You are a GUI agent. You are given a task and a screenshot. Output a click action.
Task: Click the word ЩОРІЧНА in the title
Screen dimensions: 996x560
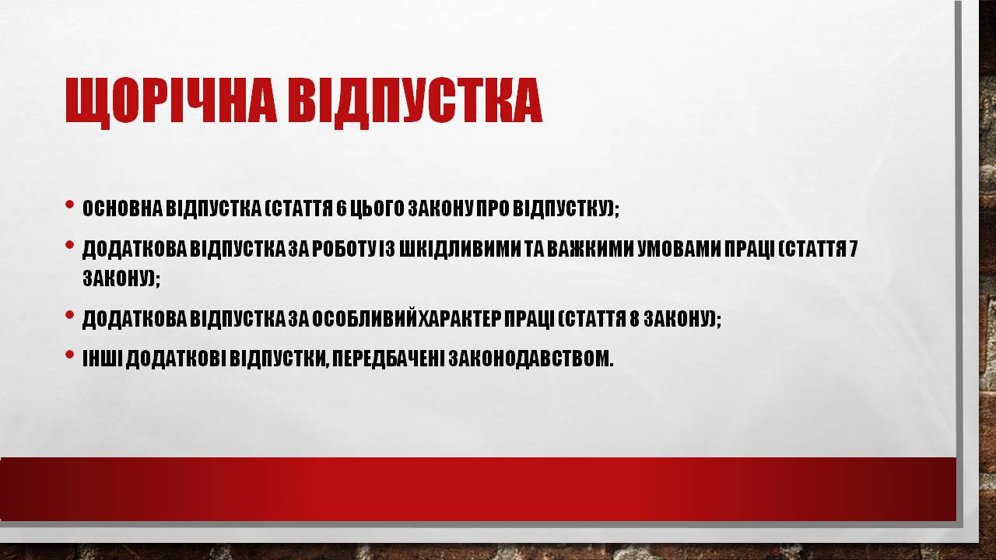pos(171,100)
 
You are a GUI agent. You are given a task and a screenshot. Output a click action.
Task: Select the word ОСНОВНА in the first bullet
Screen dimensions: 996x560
pos(122,208)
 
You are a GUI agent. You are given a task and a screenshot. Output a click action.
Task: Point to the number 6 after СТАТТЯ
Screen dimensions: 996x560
pos(341,208)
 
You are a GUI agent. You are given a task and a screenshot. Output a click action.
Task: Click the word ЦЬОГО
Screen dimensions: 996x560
pos(377,209)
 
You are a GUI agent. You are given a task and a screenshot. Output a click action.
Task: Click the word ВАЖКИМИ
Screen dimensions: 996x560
pos(590,249)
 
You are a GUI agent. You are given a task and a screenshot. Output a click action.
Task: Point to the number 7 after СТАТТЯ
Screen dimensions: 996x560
pos(854,249)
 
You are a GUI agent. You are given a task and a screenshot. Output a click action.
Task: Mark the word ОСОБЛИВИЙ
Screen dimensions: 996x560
pos(365,318)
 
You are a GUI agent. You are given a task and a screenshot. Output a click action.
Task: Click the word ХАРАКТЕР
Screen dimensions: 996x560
pos(460,319)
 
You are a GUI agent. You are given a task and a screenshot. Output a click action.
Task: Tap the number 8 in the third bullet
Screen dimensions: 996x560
pos(634,319)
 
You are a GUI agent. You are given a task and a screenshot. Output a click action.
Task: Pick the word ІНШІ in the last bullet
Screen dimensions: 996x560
pos(103,359)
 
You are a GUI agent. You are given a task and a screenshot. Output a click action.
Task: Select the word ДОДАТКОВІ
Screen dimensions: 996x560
pos(176,359)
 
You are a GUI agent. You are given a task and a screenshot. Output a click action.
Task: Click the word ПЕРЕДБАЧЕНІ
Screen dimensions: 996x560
pos(388,359)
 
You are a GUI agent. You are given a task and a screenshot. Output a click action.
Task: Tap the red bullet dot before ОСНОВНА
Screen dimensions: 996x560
pos(69,205)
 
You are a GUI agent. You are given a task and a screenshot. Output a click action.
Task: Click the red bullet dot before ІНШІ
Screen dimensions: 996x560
pos(69,354)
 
